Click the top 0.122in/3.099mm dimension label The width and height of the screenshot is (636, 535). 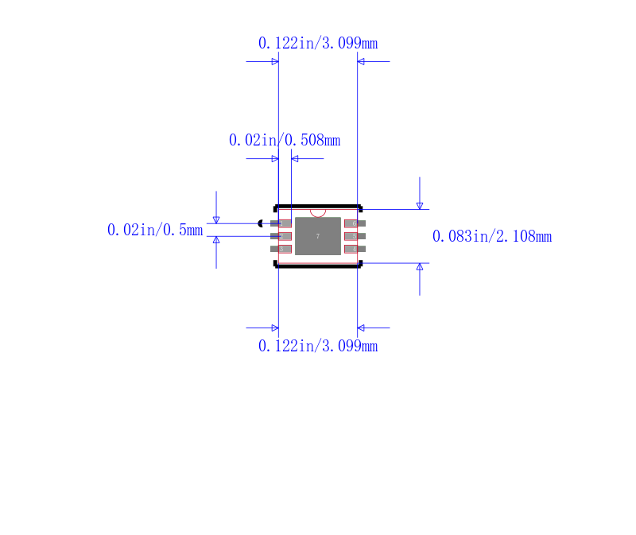point(317,44)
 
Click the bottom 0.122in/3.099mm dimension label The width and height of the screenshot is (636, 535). point(317,347)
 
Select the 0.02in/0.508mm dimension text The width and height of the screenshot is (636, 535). point(284,141)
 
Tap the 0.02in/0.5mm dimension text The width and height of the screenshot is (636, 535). point(154,231)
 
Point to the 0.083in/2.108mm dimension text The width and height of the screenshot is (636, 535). point(491,237)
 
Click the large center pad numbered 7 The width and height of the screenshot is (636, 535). point(318,237)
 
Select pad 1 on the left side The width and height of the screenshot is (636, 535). point(281,223)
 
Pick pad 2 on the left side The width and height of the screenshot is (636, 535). point(281,236)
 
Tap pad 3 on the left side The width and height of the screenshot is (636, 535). point(281,249)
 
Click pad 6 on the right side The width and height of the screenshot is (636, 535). point(355,223)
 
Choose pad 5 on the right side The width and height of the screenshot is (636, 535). point(355,236)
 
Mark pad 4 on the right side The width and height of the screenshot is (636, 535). point(355,249)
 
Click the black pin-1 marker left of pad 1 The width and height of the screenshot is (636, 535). point(261,223)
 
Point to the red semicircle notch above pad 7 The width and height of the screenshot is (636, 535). point(318,213)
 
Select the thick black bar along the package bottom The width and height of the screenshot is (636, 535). point(318,266)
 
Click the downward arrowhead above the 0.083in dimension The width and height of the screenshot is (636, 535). point(420,206)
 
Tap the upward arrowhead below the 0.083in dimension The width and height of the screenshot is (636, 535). point(420,266)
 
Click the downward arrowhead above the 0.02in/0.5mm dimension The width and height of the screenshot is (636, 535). point(216,219)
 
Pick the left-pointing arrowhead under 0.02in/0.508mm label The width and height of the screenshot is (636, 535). point(295,159)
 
